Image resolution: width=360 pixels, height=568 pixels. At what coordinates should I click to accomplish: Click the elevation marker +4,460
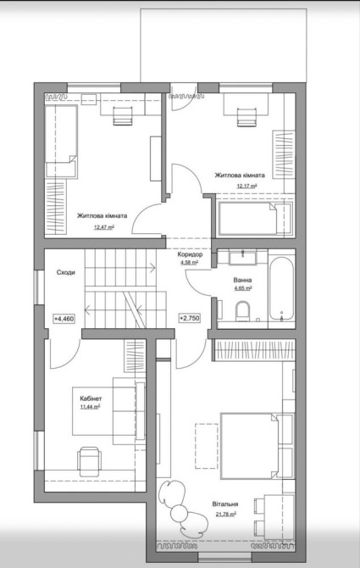(64, 319)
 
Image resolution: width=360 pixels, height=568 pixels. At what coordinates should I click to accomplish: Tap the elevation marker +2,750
(189, 318)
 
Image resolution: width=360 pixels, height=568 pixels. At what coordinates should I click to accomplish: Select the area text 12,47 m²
(103, 227)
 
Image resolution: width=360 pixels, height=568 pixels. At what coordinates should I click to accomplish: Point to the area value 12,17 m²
(247, 187)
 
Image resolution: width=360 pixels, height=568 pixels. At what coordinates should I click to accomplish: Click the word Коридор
(190, 254)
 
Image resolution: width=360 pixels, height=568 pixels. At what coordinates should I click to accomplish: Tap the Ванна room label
(243, 280)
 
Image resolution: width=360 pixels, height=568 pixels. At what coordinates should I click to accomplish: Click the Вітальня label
(225, 504)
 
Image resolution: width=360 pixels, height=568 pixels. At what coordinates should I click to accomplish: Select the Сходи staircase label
(66, 272)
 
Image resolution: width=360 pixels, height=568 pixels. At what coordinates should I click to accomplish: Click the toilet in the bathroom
(242, 311)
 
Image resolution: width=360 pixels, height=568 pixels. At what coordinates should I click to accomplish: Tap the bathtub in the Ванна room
(281, 288)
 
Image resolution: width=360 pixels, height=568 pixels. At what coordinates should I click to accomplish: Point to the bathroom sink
(242, 257)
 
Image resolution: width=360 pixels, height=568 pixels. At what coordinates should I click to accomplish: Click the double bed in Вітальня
(250, 446)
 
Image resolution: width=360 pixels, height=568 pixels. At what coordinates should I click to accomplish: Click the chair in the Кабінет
(89, 461)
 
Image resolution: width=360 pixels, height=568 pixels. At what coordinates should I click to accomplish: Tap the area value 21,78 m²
(226, 514)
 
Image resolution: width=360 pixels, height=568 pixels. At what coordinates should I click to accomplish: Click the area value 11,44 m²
(90, 407)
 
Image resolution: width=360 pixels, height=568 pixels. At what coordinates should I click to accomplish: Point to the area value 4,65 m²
(243, 288)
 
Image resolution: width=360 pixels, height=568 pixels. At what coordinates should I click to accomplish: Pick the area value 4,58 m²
(189, 263)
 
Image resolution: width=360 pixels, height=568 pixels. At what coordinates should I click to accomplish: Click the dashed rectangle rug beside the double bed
(207, 446)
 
